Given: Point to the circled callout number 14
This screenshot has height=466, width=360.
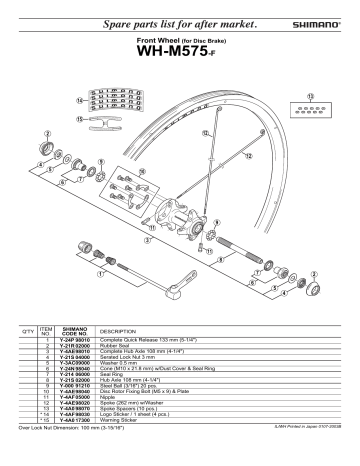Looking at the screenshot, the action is pos(80,101).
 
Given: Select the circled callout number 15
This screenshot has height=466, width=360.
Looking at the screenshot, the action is pos(79,117).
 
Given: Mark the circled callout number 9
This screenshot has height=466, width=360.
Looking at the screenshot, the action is pos(218,222).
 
